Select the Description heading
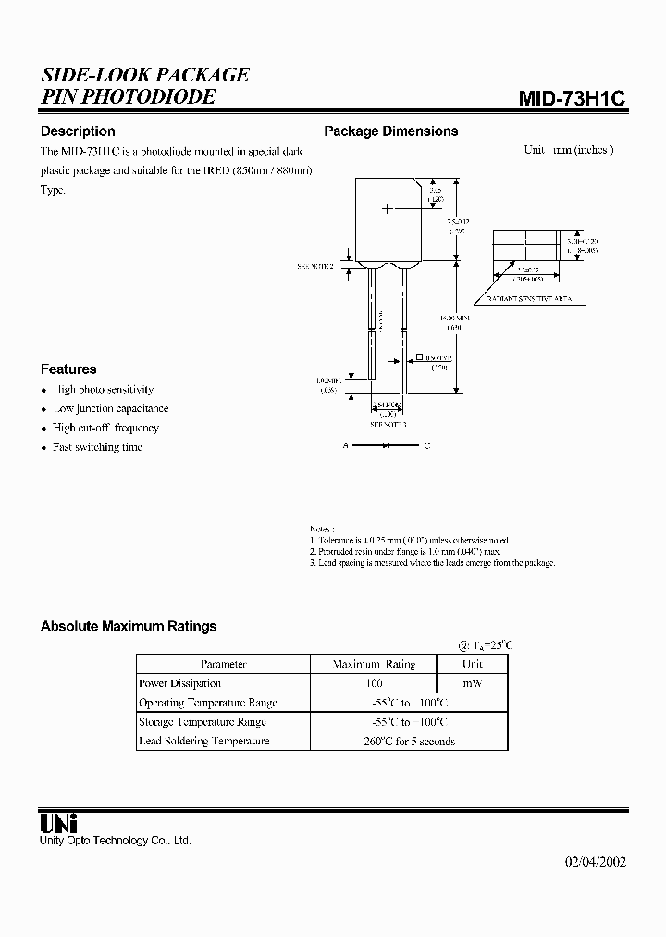click(78, 131)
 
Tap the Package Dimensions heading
click(390, 131)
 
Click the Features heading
click(68, 369)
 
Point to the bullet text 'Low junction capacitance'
click(111, 408)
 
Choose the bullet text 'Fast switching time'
click(98, 447)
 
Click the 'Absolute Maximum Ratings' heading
click(129, 626)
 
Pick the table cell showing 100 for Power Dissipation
click(374, 683)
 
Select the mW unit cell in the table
click(472, 683)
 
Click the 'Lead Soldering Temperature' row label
click(204, 741)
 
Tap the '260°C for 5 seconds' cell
click(409, 741)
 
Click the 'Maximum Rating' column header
click(374, 664)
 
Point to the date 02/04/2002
click(596, 861)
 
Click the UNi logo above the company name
click(58, 822)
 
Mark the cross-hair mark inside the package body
click(388, 210)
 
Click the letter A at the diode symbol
click(346, 446)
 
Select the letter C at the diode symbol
click(426, 446)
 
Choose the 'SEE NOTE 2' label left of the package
click(315, 266)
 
